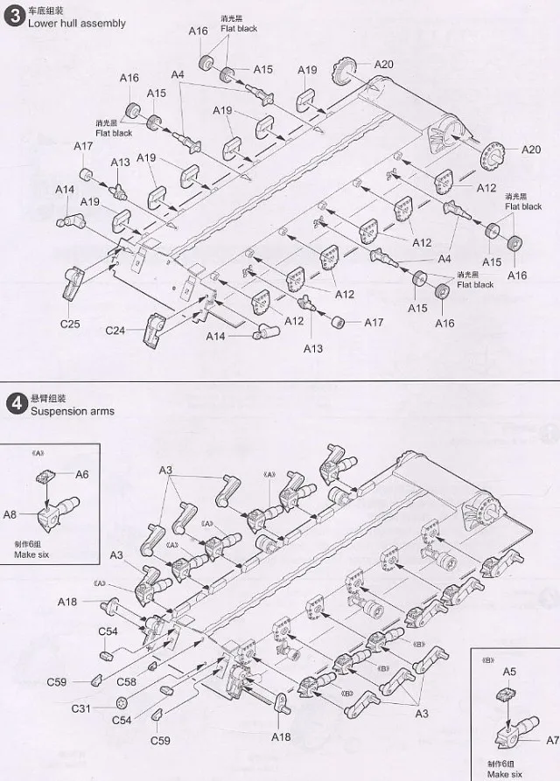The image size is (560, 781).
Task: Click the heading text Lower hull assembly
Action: point(77,24)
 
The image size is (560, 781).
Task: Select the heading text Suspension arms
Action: point(72,411)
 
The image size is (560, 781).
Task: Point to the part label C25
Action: point(70,324)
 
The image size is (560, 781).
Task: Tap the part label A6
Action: point(82,474)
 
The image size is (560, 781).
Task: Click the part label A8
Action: point(10,514)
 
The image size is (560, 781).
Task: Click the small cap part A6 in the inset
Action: point(45,477)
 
